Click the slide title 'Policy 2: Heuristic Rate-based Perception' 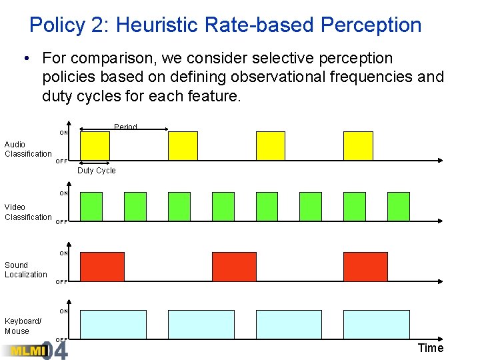pyautogui.click(x=225, y=25)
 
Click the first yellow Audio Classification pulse pyautogui.click(x=95, y=145)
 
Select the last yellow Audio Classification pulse pyautogui.click(x=358, y=145)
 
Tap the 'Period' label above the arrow pyautogui.click(x=125, y=127)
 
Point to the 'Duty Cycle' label pyautogui.click(x=96, y=171)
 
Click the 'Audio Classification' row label pyautogui.click(x=28, y=149)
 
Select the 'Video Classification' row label pyautogui.click(x=28, y=212)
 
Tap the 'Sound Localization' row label pyautogui.click(x=26, y=269)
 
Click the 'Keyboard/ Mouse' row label pyautogui.click(x=23, y=326)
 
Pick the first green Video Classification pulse pyautogui.click(x=91, y=207)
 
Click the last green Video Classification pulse pyautogui.click(x=399, y=207)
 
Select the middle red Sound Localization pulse pyautogui.click(x=234, y=267)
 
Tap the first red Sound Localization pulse pyautogui.click(x=102, y=267)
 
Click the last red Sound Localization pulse pyautogui.click(x=365, y=267)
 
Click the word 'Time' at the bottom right pyautogui.click(x=430, y=348)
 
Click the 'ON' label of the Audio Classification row pyautogui.click(x=63, y=133)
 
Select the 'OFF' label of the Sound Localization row pyautogui.click(x=61, y=282)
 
